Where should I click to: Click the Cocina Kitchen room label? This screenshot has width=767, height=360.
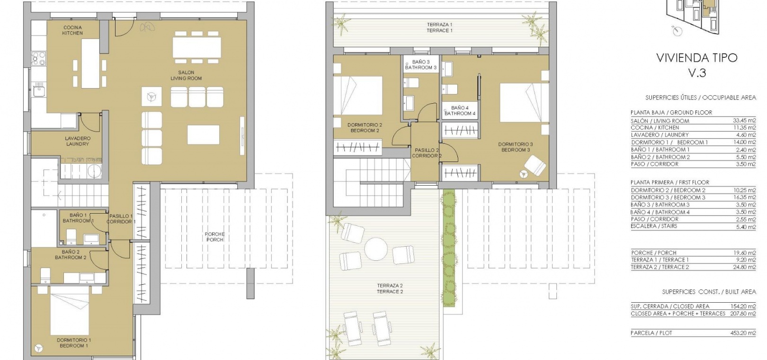(72, 30)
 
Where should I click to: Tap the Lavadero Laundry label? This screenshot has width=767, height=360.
(78, 141)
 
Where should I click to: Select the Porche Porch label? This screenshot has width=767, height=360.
(214, 237)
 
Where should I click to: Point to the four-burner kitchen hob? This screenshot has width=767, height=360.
(39, 58)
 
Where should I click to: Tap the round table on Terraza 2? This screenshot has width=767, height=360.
(375, 249)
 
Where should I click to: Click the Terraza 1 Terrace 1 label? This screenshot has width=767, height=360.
(440, 27)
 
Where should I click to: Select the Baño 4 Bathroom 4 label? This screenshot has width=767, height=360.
(460, 111)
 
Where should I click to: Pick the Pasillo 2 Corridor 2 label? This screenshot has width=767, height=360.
(427, 153)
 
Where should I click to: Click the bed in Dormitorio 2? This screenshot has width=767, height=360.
(358, 95)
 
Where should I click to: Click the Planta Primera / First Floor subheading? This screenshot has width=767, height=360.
(670, 182)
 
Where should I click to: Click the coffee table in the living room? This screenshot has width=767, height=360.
(204, 135)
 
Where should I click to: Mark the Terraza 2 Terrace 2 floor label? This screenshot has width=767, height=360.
(390, 288)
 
